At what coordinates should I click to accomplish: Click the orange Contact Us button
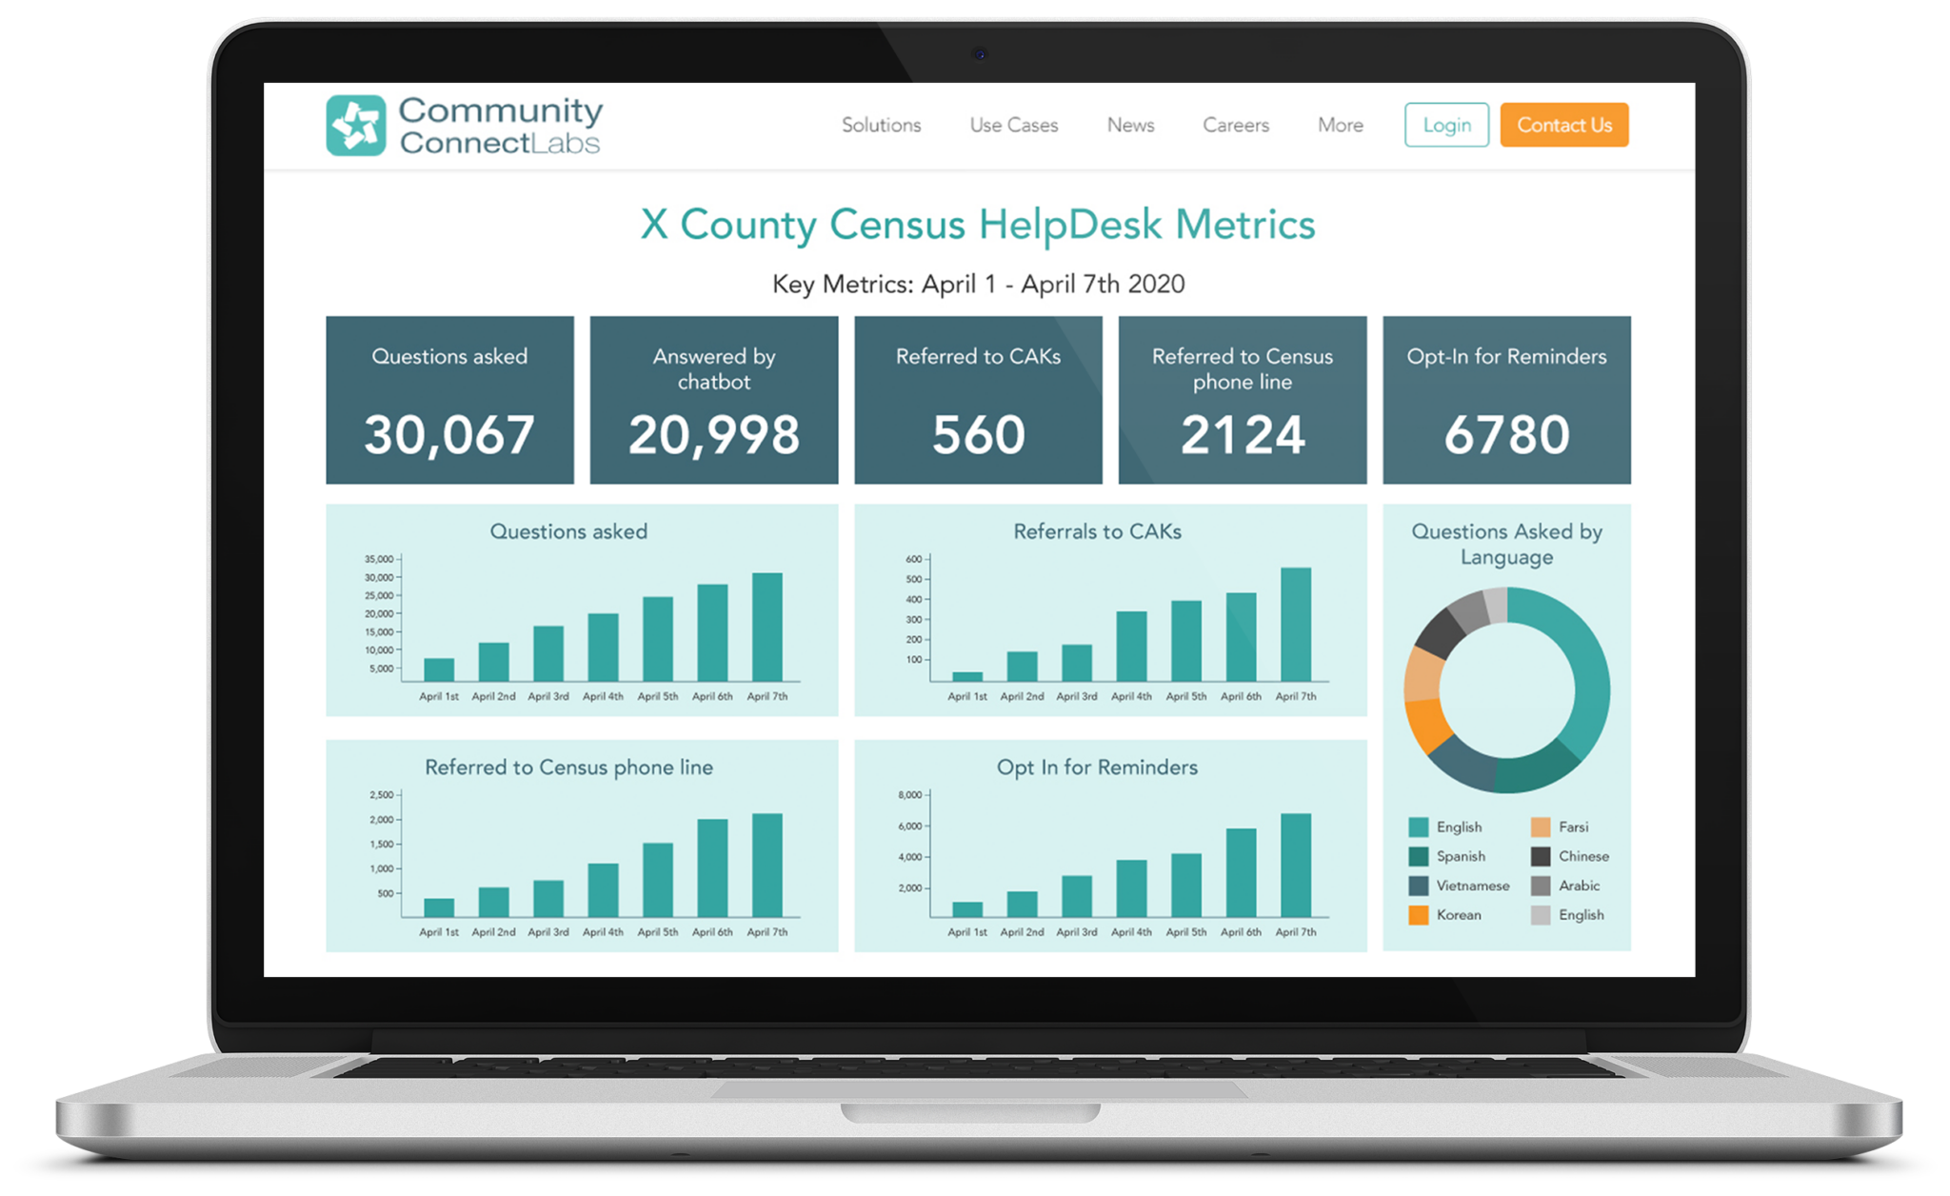[x=1563, y=125]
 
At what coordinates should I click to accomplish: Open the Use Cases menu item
[x=1013, y=125]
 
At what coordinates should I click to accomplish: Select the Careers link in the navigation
[x=1235, y=125]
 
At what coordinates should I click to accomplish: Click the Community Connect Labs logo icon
[x=355, y=125]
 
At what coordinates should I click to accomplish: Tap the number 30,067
[x=448, y=435]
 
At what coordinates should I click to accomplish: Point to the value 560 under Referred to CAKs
[x=978, y=435]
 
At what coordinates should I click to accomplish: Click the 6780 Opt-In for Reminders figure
[x=1506, y=435]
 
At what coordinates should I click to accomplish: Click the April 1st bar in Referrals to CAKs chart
[x=966, y=676]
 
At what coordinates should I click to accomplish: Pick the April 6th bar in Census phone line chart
[x=712, y=867]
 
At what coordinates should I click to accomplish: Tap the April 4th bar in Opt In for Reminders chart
[x=1131, y=887]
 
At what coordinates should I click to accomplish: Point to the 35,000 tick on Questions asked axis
[x=379, y=559]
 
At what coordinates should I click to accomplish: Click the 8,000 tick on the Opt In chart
[x=909, y=794]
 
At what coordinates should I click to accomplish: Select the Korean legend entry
[x=1458, y=915]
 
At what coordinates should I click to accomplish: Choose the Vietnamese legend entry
[x=1472, y=886]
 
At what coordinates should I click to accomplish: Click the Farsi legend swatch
[x=1540, y=827]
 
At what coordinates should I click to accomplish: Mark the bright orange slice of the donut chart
[x=1425, y=727]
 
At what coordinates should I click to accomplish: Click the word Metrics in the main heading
[x=1244, y=225]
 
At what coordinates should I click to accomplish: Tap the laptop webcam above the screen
[x=980, y=53]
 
